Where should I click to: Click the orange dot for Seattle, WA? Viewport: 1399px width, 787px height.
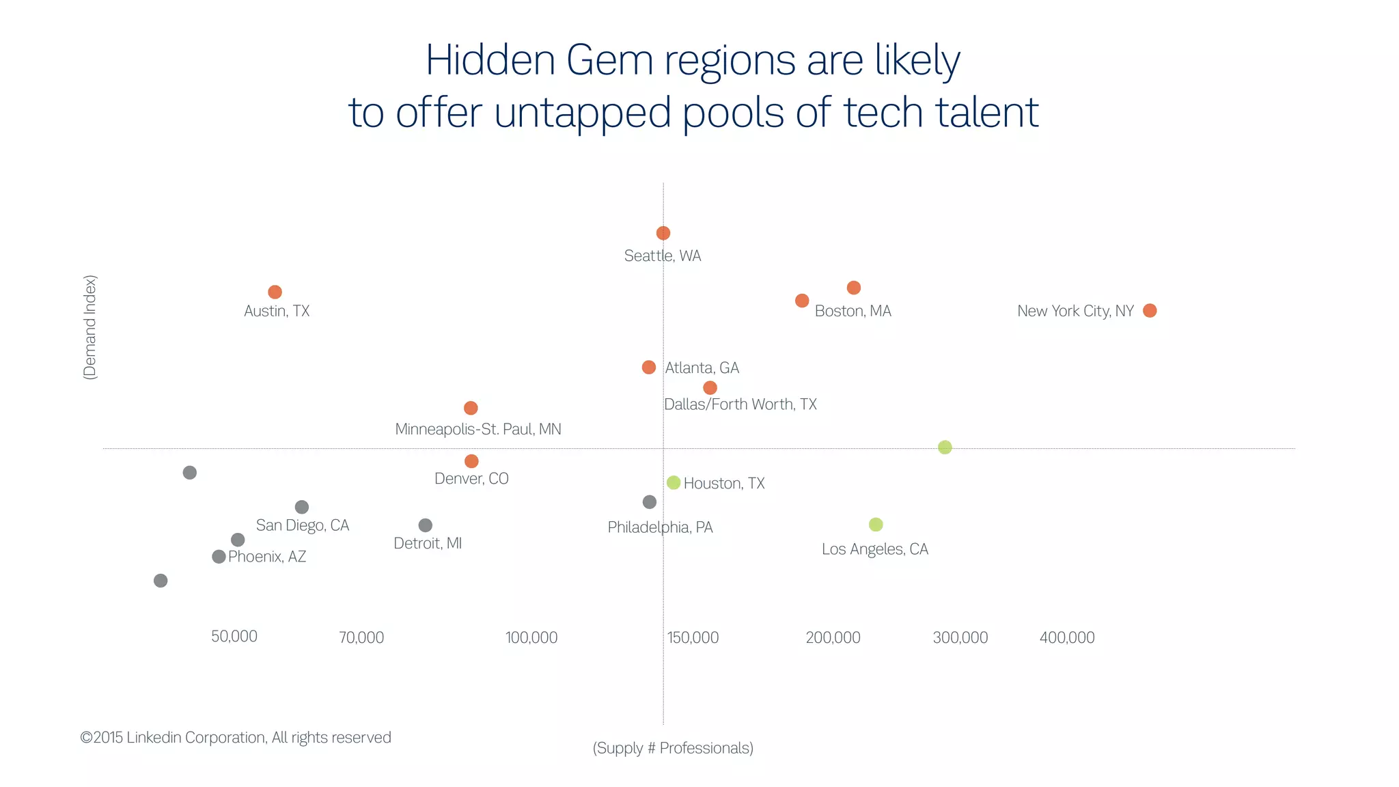(x=663, y=233)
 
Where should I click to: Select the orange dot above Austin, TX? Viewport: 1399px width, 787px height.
(x=275, y=292)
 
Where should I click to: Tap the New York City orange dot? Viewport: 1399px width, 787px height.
(x=1150, y=310)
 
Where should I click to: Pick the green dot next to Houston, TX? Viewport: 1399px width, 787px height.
(x=674, y=482)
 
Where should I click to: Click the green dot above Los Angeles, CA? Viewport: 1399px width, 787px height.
(x=876, y=524)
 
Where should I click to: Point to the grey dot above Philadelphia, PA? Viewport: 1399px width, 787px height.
(x=650, y=501)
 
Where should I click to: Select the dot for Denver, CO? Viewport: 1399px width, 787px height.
(x=471, y=461)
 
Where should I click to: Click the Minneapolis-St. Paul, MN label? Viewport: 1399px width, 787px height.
(x=478, y=429)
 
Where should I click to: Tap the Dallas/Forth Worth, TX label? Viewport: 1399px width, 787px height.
(x=740, y=404)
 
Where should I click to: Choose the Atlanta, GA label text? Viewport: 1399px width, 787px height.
(x=702, y=368)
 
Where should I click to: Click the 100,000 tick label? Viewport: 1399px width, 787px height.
(x=531, y=637)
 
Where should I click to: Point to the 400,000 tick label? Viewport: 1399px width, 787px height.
(x=1067, y=637)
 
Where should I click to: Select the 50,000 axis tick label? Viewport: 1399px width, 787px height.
(x=234, y=636)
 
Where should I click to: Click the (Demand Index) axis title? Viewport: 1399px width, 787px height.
(x=90, y=327)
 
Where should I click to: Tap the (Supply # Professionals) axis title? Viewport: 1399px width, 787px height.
(x=673, y=748)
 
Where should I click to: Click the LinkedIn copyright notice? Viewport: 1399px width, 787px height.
(x=236, y=737)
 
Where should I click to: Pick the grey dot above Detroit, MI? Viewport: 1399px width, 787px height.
(x=425, y=525)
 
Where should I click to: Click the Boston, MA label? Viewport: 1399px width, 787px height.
(x=853, y=311)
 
